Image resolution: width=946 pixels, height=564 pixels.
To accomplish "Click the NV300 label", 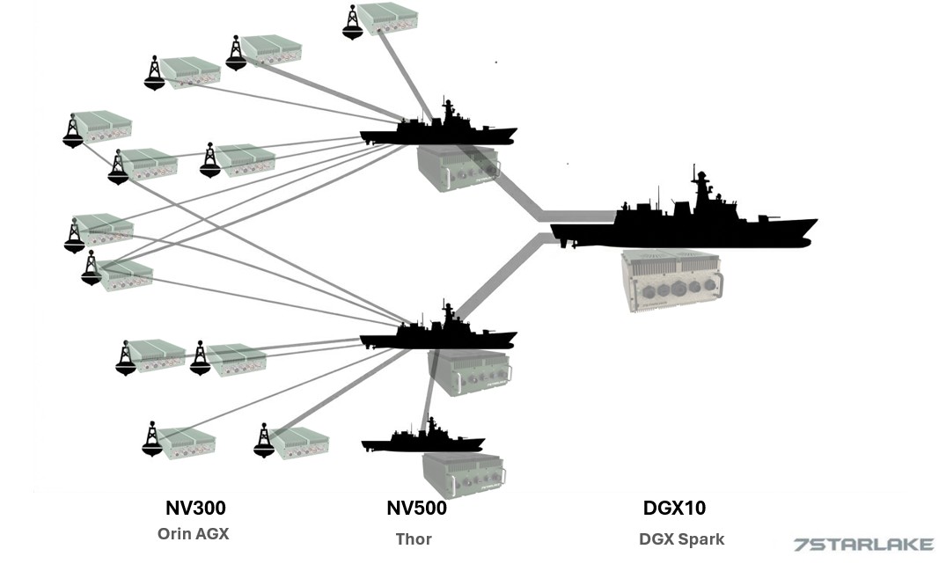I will (195, 508).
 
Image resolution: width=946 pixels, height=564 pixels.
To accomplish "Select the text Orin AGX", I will (193, 533).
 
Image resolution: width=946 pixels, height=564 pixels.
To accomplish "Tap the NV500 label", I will (416, 508).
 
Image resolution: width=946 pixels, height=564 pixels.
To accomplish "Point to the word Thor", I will (413, 538).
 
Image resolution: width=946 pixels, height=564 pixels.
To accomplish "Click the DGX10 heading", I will (674, 508).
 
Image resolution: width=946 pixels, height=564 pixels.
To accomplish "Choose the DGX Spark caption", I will (681, 538).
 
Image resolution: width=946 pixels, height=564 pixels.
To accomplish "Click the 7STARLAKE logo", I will (863, 545).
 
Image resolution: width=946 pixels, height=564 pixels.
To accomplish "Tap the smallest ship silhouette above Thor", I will (422, 439).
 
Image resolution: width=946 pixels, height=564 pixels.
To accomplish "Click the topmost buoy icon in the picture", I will (353, 23).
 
